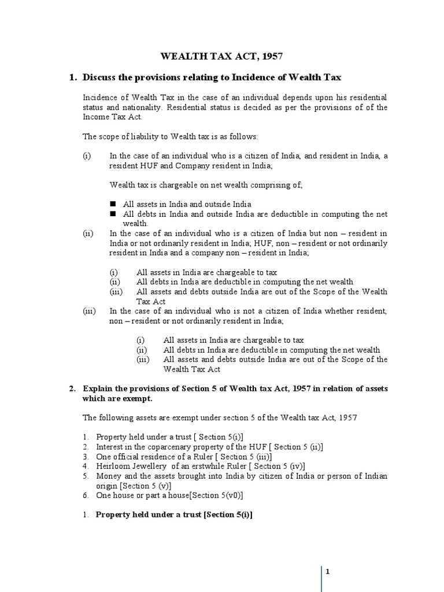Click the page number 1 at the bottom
pos(327,572)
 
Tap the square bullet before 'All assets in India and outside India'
pos(113,204)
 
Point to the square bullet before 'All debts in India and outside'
pos(113,214)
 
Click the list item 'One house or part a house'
pos(161,495)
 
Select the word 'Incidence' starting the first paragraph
pos(100,98)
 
